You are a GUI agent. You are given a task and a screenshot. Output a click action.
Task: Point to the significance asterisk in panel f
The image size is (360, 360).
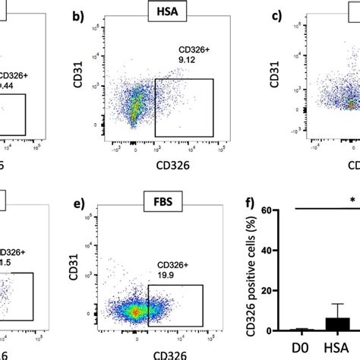pos(353,201)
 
